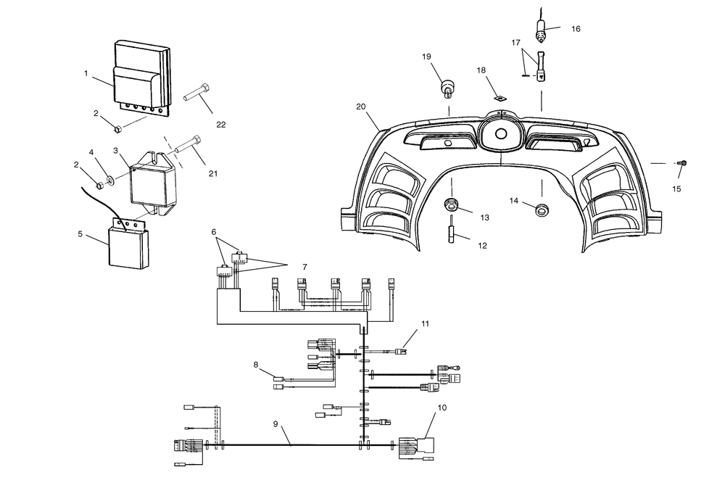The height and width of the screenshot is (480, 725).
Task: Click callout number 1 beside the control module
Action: click(86, 73)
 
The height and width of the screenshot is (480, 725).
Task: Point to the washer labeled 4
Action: click(110, 179)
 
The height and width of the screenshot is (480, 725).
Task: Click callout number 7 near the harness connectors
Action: click(304, 267)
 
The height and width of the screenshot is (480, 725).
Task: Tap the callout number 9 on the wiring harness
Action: click(275, 423)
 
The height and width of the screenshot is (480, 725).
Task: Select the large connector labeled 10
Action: click(416, 447)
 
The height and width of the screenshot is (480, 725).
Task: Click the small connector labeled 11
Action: click(401, 352)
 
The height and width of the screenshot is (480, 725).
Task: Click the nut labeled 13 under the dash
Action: click(451, 204)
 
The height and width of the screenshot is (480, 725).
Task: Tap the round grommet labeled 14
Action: click(542, 210)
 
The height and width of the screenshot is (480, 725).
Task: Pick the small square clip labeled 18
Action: click(500, 98)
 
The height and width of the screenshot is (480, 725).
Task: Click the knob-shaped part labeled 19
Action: click(447, 88)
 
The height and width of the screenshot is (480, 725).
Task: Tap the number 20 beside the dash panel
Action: click(360, 107)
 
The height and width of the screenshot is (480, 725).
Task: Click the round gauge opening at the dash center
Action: click(500, 134)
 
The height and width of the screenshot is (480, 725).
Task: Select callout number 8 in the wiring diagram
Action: click(256, 365)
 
